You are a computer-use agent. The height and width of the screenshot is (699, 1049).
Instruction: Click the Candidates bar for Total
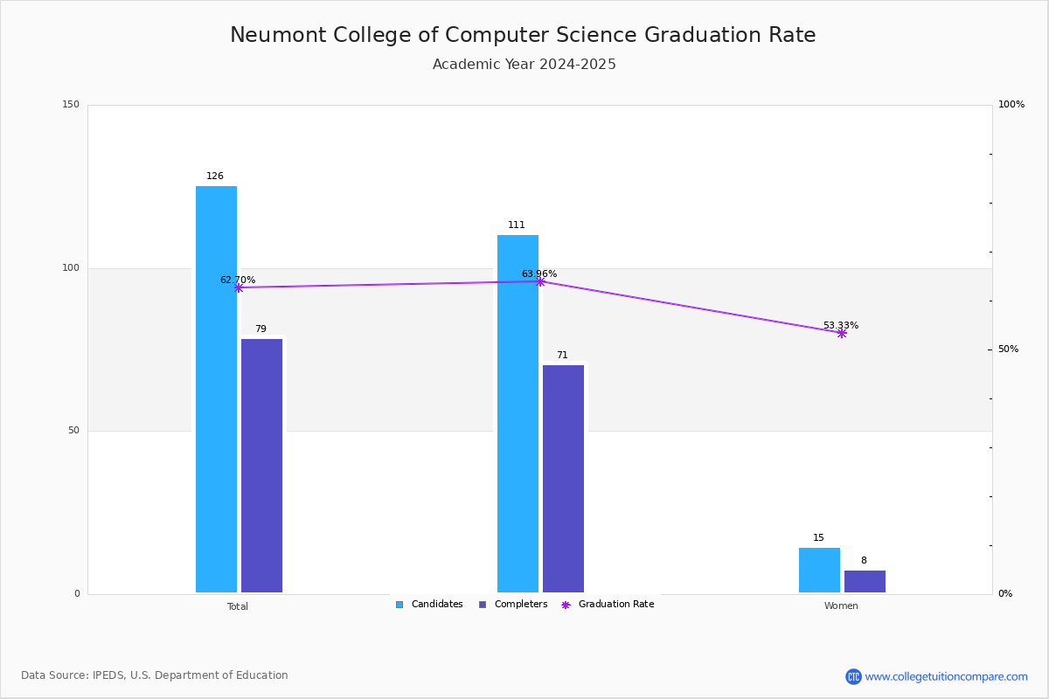click(216, 389)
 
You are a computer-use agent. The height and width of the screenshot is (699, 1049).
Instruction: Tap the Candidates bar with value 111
click(518, 413)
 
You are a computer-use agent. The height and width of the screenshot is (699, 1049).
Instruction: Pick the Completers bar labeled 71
click(563, 479)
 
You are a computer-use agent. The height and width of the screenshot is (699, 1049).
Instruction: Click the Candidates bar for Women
click(819, 571)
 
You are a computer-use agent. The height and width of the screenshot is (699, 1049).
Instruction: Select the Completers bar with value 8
click(865, 582)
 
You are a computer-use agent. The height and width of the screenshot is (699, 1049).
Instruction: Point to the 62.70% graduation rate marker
click(239, 287)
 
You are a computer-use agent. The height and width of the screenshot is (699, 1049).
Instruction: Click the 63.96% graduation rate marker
click(540, 281)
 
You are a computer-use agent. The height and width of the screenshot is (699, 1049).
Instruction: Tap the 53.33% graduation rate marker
click(842, 333)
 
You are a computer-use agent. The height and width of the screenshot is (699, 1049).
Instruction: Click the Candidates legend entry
click(429, 605)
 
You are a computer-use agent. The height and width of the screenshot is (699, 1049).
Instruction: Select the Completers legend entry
click(513, 605)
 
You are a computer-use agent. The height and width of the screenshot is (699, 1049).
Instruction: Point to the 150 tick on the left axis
click(71, 105)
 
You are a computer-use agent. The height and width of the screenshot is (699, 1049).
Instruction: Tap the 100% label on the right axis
click(1011, 105)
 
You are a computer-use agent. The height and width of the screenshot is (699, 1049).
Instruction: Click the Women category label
click(841, 606)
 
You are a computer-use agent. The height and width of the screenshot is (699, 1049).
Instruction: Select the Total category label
click(238, 606)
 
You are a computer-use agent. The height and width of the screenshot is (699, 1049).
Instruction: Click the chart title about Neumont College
click(523, 35)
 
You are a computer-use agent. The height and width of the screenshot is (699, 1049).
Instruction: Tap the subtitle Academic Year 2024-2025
click(524, 65)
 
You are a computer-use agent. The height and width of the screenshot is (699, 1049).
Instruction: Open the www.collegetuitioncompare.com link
click(946, 676)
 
